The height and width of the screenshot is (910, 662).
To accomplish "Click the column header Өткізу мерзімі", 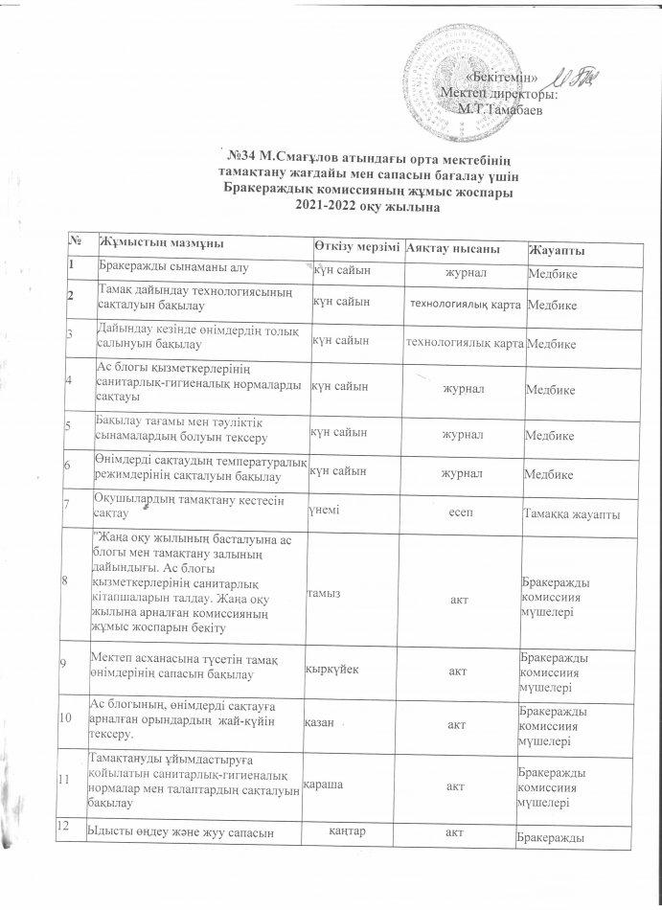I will pyautogui.click(x=358, y=248).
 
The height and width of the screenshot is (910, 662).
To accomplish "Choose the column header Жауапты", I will pyautogui.click(x=559, y=251).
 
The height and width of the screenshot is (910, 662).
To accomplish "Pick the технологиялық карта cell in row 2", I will pyautogui.click(x=465, y=305).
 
